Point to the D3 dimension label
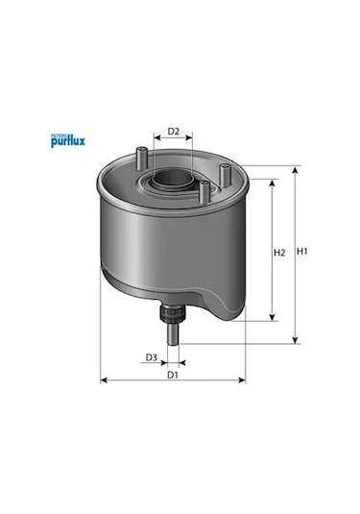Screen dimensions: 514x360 pyautogui.click(x=152, y=357)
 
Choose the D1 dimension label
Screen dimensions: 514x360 pyautogui.click(x=173, y=375)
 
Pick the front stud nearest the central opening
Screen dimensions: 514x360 pyautogui.click(x=204, y=192)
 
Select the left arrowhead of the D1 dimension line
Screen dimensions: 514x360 pyautogui.click(x=104, y=381)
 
